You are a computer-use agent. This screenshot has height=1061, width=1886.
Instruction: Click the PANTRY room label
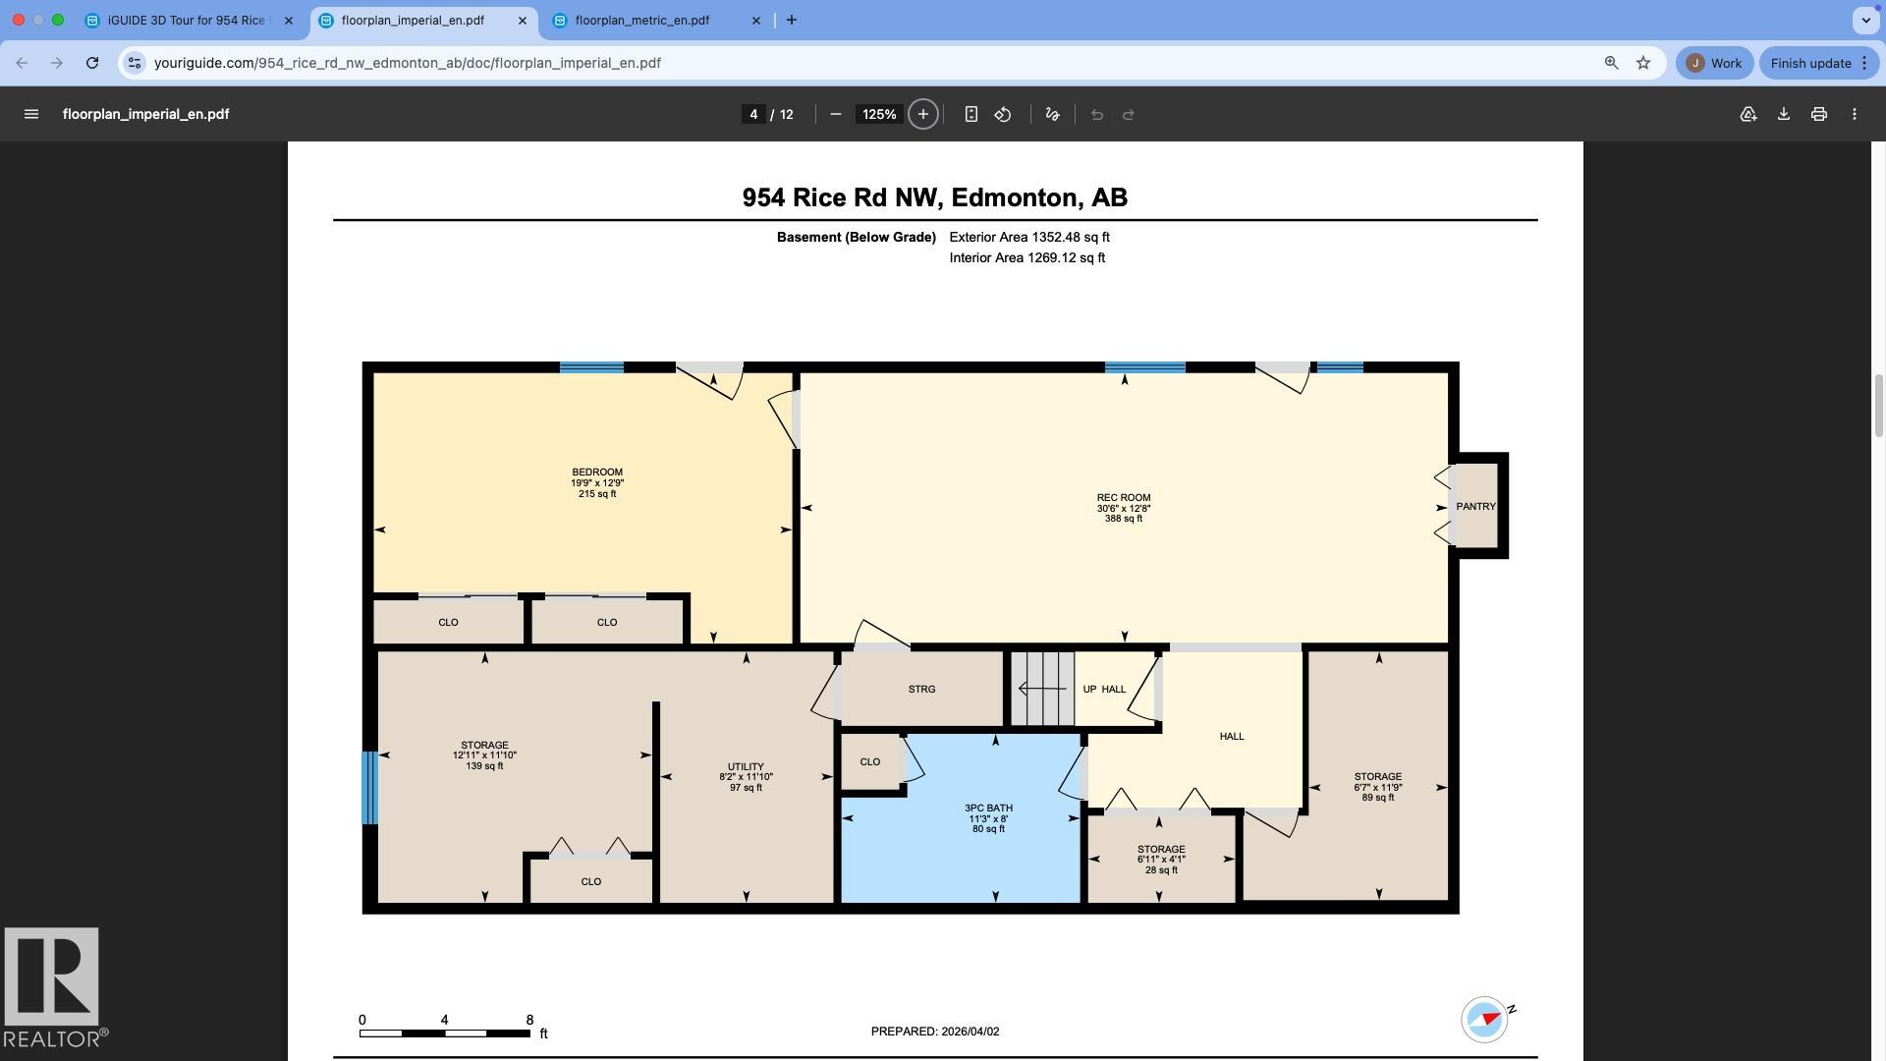click(x=1475, y=507)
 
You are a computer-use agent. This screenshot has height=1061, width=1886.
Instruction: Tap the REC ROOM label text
click(x=1124, y=498)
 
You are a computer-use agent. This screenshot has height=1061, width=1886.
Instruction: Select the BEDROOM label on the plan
click(x=597, y=473)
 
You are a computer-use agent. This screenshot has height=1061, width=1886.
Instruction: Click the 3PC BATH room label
click(x=988, y=809)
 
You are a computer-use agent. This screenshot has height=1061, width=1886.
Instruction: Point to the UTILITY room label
click(x=746, y=767)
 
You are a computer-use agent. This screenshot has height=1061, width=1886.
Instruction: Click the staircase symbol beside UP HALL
click(x=1042, y=689)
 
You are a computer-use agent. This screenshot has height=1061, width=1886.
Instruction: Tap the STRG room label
click(x=921, y=690)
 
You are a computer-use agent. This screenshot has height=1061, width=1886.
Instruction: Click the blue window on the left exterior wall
click(x=369, y=787)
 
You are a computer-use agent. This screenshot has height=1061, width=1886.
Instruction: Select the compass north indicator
click(x=1484, y=1019)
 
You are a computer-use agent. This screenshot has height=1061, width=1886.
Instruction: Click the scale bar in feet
click(x=444, y=1033)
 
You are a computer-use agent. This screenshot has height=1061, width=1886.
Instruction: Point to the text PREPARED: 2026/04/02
click(x=934, y=1032)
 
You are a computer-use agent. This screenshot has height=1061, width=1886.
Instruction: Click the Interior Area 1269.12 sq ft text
click(x=1026, y=258)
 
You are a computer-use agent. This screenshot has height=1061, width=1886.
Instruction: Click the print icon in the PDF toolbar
click(x=1818, y=114)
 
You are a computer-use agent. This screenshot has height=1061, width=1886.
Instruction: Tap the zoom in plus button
click(x=922, y=114)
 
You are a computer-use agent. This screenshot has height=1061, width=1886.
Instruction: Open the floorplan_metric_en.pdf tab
click(x=642, y=21)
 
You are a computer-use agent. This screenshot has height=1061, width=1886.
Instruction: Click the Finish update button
click(x=1810, y=63)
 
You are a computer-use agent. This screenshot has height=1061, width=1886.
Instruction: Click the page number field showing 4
click(x=753, y=114)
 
